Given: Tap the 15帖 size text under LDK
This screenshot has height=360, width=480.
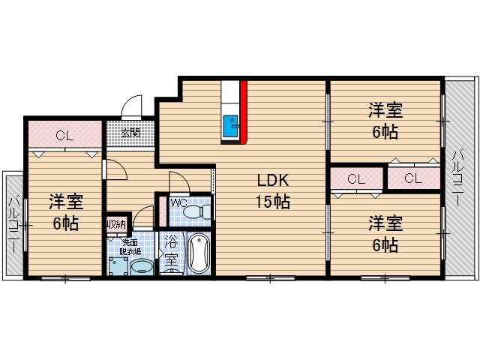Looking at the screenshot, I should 271,201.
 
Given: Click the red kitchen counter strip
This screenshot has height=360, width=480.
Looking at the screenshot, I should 244,110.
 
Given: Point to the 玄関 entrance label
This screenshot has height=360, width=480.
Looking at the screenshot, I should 130,133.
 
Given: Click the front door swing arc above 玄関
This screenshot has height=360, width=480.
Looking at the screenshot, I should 132,106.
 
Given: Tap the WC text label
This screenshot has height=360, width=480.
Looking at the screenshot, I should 178,202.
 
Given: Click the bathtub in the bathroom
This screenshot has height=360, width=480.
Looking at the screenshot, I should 199,253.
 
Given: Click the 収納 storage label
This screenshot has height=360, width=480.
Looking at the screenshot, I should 115,223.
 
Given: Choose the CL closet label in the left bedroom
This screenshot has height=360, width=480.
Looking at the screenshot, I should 64,136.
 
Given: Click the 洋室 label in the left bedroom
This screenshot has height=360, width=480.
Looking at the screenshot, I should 66,202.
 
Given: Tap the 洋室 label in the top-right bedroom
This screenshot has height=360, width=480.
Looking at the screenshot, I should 385,111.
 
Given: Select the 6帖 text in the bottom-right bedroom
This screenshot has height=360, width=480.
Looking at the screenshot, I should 385,244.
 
